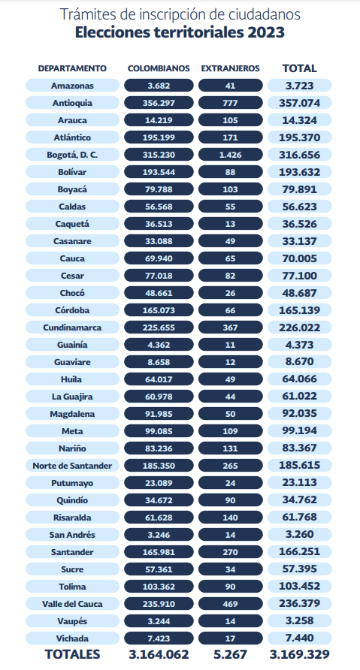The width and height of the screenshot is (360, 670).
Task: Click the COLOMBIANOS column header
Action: [x=159, y=68]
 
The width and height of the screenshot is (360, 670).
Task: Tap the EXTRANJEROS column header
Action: [x=230, y=68]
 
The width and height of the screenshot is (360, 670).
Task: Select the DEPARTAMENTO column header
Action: [x=72, y=68]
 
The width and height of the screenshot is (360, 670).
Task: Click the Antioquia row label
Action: [x=72, y=103]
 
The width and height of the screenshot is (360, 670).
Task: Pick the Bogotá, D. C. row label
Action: [x=72, y=155]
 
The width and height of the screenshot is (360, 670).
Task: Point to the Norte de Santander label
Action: [x=72, y=466]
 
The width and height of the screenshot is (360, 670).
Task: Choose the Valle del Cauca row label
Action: [x=72, y=604]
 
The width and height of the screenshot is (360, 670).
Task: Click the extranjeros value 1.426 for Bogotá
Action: [x=231, y=155]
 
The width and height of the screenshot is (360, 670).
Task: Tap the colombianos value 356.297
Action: [x=159, y=103]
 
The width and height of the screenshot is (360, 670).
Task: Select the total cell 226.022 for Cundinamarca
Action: [x=300, y=327]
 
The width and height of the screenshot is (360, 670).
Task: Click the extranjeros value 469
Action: [x=231, y=604]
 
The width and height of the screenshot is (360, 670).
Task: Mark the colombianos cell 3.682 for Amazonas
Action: [x=159, y=86]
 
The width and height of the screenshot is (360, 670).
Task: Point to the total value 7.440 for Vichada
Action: [x=300, y=638]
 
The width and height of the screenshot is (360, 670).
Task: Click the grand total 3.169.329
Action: [x=300, y=654]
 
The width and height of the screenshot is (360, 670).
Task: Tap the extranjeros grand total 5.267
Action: [x=231, y=654]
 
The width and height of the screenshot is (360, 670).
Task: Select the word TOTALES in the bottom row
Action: [x=73, y=654]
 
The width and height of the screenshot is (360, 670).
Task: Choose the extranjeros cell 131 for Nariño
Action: [x=231, y=448]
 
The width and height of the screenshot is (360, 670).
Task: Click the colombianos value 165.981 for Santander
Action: [x=159, y=552]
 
